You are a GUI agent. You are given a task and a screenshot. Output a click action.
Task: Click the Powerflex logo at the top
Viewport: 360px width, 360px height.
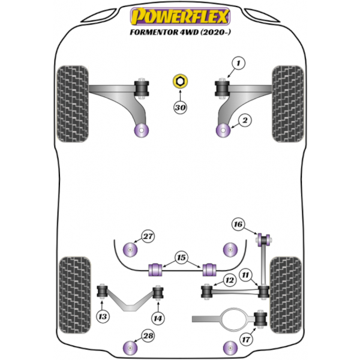pos(180,16)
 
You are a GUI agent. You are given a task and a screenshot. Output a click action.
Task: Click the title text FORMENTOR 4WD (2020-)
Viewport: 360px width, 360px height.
pos(180,32)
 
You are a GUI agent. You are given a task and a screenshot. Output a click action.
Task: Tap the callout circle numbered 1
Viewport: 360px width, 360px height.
pos(238,63)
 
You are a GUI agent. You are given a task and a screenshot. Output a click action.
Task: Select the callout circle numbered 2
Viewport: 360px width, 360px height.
pos(245,121)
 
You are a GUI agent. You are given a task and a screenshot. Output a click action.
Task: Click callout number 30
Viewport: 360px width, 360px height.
pos(180,107)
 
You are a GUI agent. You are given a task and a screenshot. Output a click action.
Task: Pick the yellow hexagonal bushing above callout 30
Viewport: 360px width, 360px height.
pos(180,81)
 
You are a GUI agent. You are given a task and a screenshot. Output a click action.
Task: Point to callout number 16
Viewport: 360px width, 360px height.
pos(238,224)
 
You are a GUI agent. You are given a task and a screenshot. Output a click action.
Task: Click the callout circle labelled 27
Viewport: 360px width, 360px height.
pos(148,236)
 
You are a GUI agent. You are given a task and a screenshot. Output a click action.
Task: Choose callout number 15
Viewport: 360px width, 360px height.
pos(181,257)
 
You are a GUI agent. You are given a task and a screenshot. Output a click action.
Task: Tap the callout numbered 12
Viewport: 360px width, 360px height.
pos(230,280)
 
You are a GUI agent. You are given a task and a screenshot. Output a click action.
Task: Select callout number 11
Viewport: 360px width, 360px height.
pos(245,275)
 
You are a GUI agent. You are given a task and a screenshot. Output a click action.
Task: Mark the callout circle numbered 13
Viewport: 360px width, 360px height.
pos(103,317)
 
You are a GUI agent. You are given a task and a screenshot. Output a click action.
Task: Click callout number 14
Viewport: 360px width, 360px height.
pos(158,319)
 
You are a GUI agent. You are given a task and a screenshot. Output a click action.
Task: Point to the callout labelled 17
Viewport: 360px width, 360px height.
pos(246,339)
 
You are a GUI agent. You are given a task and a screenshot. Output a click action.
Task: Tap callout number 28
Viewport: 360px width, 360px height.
pos(148,336)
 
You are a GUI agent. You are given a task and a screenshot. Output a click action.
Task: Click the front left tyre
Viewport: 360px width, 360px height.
pos(73,104)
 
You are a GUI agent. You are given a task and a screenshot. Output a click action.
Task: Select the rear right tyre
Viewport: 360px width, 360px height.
pos(286,295)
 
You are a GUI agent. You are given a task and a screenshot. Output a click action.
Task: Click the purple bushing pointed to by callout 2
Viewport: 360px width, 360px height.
pos(223,130)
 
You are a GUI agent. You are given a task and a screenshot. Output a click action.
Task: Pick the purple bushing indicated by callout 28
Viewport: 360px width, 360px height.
pos(130,348)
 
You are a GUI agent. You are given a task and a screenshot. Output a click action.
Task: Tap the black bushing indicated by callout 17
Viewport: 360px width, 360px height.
pos(260,319)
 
